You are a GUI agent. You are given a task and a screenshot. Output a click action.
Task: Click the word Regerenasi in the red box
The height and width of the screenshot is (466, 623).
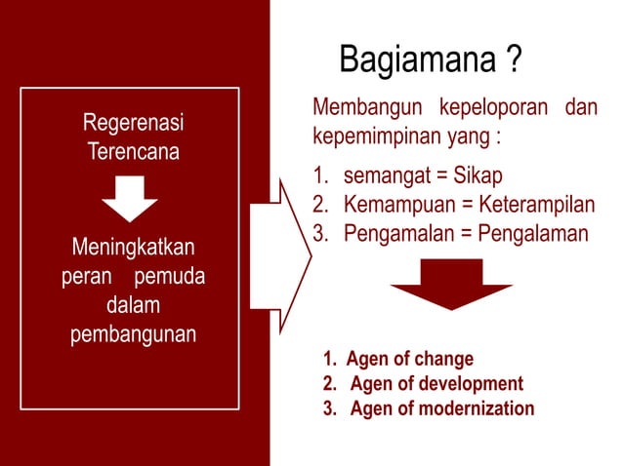click(x=133, y=125)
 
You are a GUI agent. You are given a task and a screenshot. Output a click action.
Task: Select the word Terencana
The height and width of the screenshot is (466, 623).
click(x=133, y=152)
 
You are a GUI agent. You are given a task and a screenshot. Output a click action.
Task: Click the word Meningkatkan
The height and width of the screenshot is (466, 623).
click(x=134, y=249)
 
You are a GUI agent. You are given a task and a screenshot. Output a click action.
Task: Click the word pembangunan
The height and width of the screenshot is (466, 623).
click(x=134, y=334)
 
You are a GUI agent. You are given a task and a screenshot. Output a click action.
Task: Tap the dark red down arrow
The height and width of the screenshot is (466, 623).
click(x=451, y=284)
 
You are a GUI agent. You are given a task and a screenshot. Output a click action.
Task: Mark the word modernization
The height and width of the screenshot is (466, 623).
click(x=476, y=408)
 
